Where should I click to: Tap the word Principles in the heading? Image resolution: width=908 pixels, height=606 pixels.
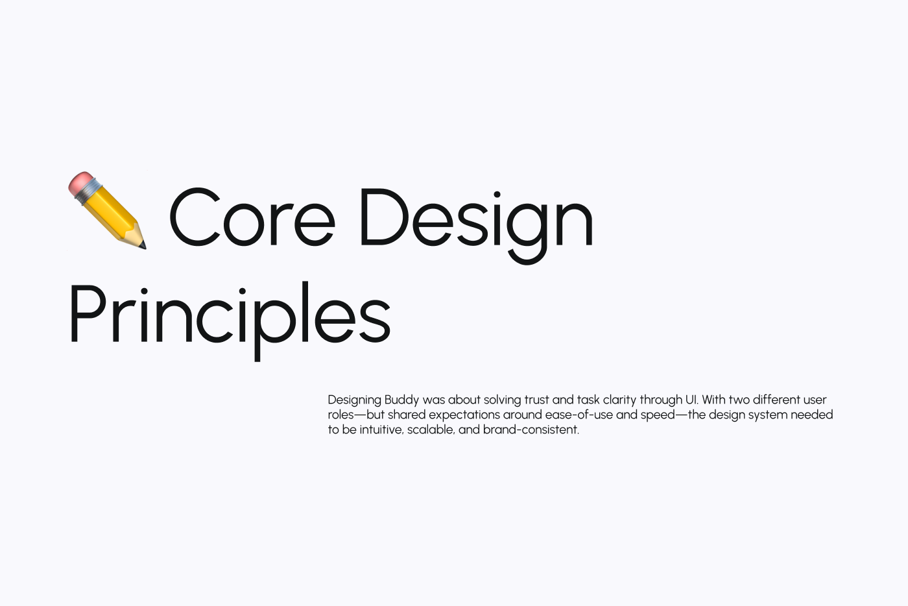point(230,315)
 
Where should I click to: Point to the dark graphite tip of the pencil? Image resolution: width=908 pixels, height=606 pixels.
point(143,245)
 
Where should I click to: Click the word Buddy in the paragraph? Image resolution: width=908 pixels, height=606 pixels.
point(401,400)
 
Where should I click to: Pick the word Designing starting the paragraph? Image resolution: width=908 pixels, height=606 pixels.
point(354,400)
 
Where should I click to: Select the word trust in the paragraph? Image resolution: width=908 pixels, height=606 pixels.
point(536,400)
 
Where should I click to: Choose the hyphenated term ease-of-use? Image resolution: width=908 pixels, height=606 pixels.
point(579,415)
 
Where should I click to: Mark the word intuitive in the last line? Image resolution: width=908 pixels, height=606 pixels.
point(381,430)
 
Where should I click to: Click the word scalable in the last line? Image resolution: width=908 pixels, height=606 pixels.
point(431,430)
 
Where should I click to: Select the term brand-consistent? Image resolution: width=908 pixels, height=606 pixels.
point(531,430)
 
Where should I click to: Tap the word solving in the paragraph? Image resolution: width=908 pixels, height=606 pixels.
point(502,400)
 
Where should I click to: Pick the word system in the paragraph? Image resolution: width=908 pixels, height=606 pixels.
point(767,415)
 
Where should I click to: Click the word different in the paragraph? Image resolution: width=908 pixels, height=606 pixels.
point(776,400)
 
